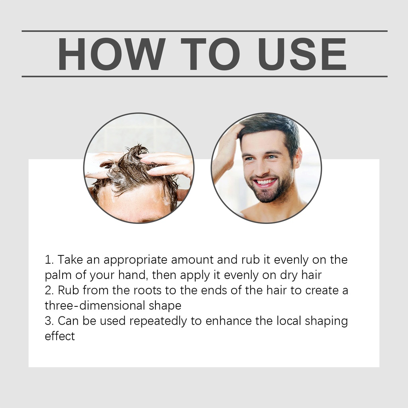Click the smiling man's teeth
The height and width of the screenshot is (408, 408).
pos(265,182)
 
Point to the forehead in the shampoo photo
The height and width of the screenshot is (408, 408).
pos(135,203)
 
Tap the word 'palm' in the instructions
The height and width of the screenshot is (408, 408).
pos(58,275)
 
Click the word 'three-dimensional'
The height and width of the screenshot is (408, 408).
pos(94,306)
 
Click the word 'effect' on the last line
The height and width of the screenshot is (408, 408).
pos(60,336)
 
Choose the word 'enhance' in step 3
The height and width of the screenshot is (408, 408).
pos(228,321)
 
